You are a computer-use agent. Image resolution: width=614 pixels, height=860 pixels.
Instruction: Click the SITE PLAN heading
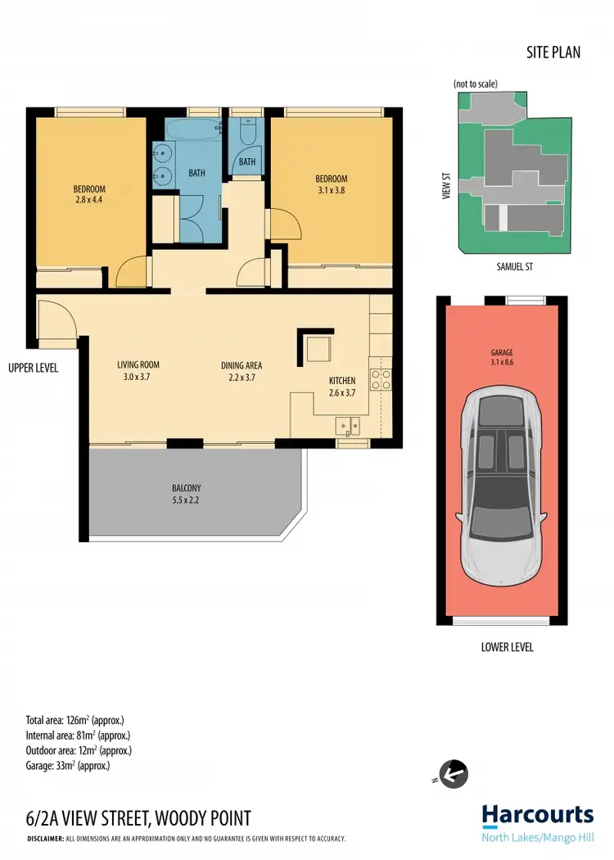click(x=553, y=52)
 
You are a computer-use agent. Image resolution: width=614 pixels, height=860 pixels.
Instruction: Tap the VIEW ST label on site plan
click(x=447, y=186)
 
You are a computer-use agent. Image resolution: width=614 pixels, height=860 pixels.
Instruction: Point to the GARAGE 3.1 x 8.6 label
click(x=502, y=359)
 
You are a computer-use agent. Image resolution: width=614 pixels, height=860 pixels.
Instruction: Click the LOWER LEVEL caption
click(x=507, y=647)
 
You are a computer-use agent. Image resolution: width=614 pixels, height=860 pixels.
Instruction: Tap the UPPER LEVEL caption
click(x=33, y=368)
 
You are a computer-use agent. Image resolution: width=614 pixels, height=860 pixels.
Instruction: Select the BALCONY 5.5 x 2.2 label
click(x=186, y=494)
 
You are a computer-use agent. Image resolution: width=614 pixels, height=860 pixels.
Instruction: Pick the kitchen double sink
click(x=349, y=426)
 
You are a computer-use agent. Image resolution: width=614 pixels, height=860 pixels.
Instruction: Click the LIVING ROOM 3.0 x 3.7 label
click(x=138, y=371)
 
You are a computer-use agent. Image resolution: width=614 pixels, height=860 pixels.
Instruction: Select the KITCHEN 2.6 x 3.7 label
click(x=342, y=387)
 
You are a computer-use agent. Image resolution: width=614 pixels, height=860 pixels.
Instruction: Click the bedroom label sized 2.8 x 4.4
click(x=89, y=194)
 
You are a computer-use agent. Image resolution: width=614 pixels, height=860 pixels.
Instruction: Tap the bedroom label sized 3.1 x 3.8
click(x=332, y=184)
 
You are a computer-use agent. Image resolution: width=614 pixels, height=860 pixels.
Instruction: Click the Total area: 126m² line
click(x=74, y=721)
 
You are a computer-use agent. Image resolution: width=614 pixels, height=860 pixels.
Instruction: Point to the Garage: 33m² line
click(x=68, y=766)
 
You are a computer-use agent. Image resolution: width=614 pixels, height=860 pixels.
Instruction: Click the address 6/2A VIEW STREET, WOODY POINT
click(x=138, y=817)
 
